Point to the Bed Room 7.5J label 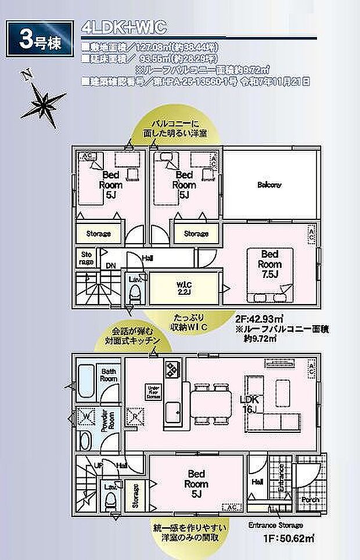tap(269, 263)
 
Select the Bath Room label tap(110, 374)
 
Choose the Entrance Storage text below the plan tap(275, 525)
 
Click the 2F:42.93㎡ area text tap(260, 319)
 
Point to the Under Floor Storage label tap(153, 393)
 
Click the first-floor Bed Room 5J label tap(196, 481)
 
